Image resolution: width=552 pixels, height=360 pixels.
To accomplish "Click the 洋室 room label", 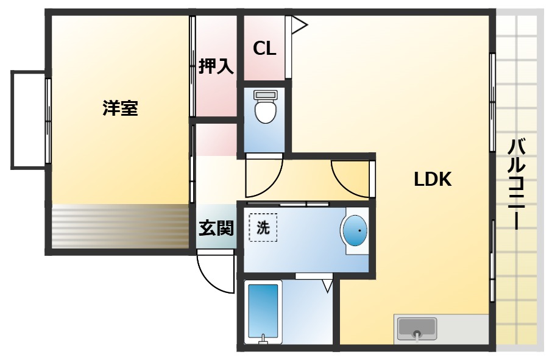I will pyautogui.click(x=120, y=109).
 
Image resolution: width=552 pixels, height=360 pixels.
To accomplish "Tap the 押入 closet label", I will pyautogui.click(x=216, y=66).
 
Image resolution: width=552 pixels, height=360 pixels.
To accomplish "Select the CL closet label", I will pyautogui.click(x=264, y=48).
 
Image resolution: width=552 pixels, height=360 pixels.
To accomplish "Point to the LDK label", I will pyautogui.click(x=433, y=179).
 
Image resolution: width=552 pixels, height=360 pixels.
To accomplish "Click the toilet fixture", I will pyautogui.click(x=265, y=111).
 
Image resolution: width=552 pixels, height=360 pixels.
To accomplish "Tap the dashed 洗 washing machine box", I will pyautogui.click(x=263, y=228).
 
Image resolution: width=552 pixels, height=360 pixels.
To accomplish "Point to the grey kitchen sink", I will pyautogui.click(x=417, y=328).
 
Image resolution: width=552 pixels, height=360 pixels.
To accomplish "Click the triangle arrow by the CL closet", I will pyautogui.click(x=299, y=24).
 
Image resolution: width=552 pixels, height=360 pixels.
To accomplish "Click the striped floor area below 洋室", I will pyautogui.click(x=119, y=226).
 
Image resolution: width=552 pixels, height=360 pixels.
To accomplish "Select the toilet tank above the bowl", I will pyautogui.click(x=265, y=94).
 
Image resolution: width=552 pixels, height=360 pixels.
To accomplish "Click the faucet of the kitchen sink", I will pyautogui.click(x=417, y=334).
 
